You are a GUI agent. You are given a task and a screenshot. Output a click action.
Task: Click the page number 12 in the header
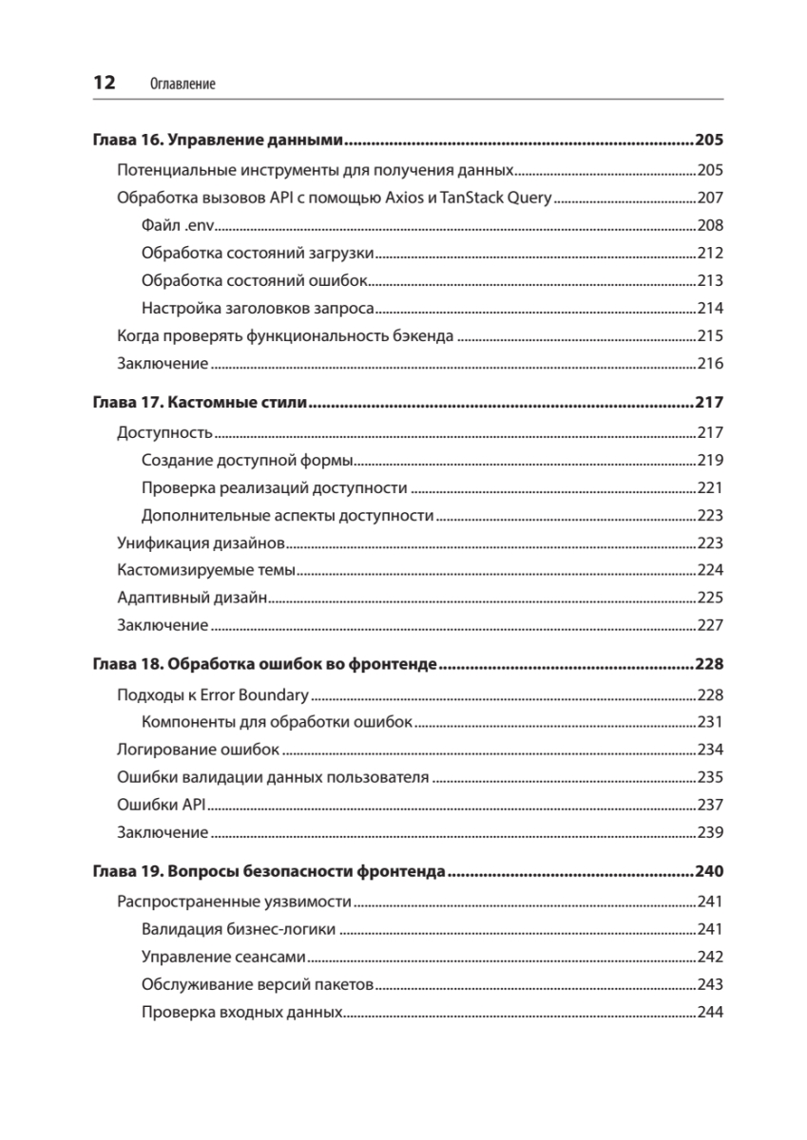(104, 83)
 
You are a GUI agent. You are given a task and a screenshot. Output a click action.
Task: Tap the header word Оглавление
(183, 84)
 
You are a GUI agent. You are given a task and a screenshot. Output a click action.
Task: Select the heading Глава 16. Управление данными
(217, 141)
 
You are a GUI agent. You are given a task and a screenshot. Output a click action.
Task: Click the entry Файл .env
(178, 226)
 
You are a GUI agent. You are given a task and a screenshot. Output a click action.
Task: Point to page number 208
(710, 226)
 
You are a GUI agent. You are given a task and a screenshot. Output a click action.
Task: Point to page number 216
(710, 364)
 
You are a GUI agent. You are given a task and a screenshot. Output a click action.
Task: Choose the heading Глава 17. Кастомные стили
(199, 403)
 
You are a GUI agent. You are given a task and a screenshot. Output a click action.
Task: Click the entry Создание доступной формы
(247, 461)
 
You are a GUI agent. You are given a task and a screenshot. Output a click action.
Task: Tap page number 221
(710, 488)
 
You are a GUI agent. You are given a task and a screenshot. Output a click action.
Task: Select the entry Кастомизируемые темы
(206, 571)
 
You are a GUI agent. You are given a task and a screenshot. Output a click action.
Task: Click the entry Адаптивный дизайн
(190, 598)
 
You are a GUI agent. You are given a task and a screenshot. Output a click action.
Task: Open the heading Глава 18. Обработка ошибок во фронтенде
(264, 663)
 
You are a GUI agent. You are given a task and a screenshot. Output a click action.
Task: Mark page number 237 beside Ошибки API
(710, 805)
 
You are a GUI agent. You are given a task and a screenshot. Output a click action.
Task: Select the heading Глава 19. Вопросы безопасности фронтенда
(269, 871)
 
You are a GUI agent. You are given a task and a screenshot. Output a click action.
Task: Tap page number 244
(710, 1012)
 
